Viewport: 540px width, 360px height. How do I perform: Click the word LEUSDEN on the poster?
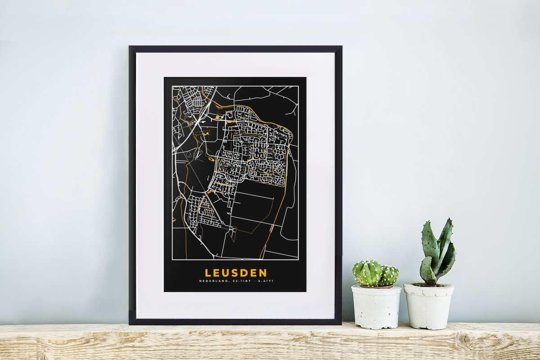tap(236, 273)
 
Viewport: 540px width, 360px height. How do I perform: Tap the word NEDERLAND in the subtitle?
tap(214, 281)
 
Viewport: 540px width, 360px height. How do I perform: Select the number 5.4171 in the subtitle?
tap(266, 281)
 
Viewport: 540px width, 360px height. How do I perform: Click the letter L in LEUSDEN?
tap(208, 273)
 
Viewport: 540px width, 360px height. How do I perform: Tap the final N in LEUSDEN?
tap(263, 273)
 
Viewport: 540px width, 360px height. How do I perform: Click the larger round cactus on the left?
tap(367, 273)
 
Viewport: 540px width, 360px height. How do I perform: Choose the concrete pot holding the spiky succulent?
tap(428, 306)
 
